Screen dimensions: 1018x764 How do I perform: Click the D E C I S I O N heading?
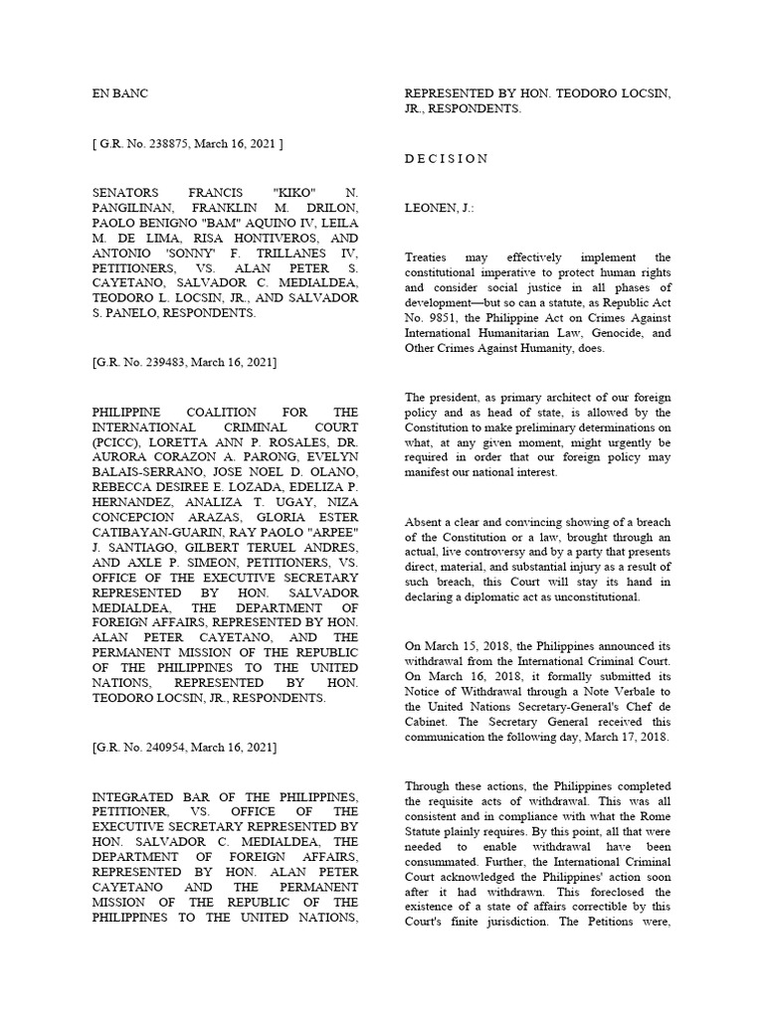447,158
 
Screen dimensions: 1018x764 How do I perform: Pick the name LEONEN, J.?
439,209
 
